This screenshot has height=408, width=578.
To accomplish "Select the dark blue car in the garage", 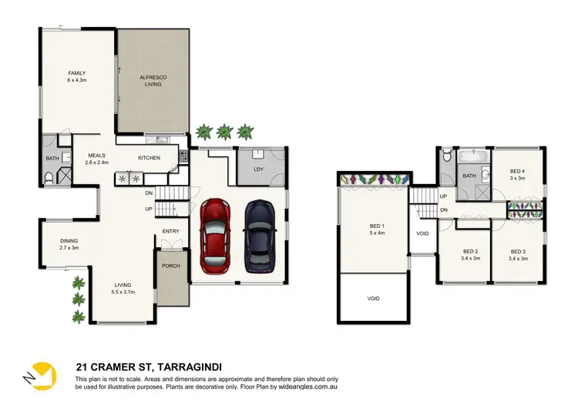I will [x=260, y=236].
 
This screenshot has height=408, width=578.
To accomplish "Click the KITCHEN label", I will [x=149, y=158].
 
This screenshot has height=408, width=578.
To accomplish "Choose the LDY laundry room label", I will [x=259, y=169].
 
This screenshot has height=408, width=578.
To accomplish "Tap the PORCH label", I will [x=170, y=266].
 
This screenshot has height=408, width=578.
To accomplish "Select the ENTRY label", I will [x=170, y=231].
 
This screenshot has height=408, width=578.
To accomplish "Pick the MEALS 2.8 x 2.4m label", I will [x=96, y=159].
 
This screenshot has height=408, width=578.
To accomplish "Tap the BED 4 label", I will [x=517, y=175].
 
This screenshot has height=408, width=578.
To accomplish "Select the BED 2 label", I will [x=471, y=255].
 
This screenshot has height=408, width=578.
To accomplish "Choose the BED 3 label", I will [x=517, y=255].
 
